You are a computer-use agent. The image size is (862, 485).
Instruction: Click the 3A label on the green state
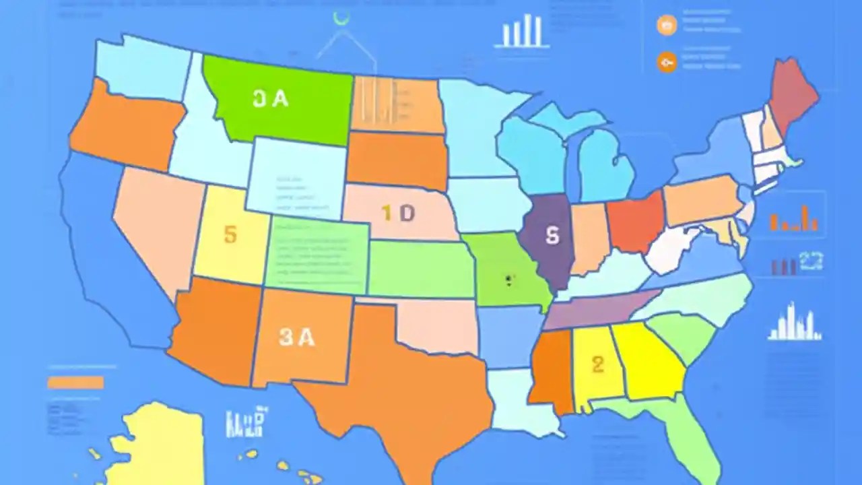click(271, 99)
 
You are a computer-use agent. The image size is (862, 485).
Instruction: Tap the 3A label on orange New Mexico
click(297, 337)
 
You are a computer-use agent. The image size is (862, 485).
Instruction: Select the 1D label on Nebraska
click(398, 214)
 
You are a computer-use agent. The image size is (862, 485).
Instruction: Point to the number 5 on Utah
click(230, 234)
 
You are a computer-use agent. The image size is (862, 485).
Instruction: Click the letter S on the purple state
click(552, 235)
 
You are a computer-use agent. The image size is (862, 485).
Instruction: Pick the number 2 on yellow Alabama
click(598, 364)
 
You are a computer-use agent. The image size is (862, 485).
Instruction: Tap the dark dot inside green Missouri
click(509, 280)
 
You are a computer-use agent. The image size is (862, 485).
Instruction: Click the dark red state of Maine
click(793, 94)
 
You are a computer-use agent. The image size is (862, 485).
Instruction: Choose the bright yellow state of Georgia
click(650, 364)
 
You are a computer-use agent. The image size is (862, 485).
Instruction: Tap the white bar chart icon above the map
click(522, 32)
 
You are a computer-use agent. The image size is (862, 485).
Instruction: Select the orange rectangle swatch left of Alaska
click(75, 383)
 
